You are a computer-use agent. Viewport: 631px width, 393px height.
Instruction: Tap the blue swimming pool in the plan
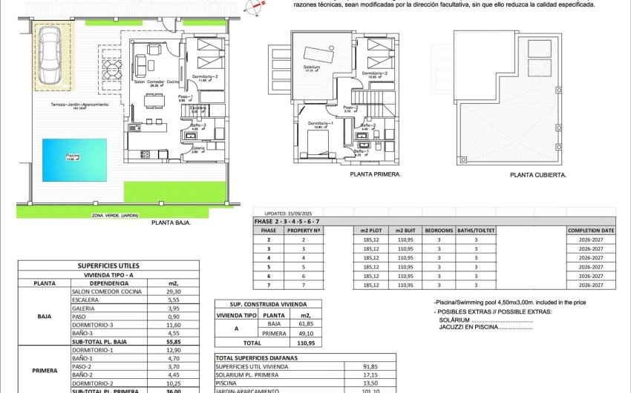(72, 159)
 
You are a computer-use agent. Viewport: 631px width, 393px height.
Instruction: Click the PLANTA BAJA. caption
(171, 222)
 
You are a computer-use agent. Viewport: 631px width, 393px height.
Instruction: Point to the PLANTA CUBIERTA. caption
(538, 176)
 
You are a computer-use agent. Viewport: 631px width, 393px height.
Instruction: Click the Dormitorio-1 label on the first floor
(318, 123)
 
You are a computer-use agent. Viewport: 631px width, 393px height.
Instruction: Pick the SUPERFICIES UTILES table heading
(108, 265)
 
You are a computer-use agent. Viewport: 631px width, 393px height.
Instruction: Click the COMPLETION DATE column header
(591, 231)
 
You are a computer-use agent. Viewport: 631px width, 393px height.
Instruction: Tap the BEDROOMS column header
(438, 231)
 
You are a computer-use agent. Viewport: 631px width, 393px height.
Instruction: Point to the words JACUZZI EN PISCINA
(468, 326)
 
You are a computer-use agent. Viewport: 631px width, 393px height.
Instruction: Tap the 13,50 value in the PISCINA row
(369, 383)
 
